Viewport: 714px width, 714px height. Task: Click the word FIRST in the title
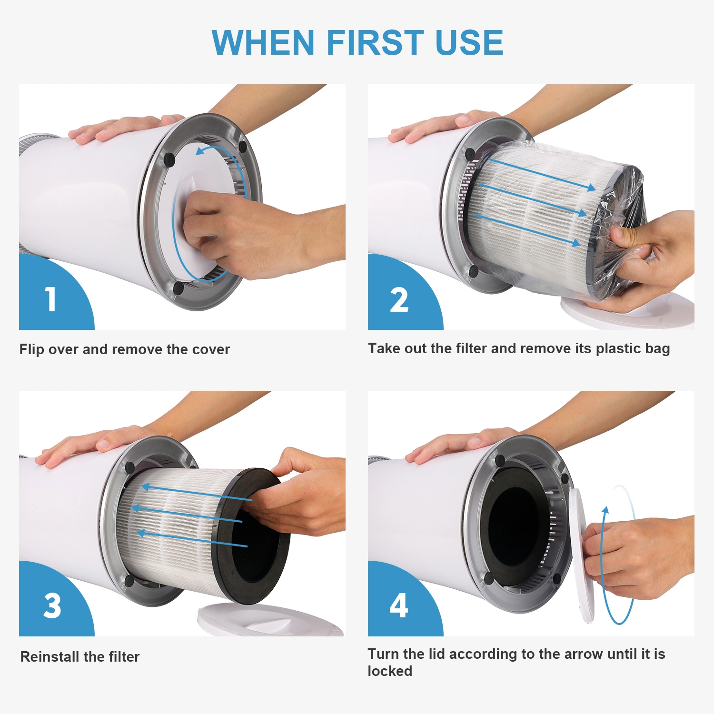tap(375, 42)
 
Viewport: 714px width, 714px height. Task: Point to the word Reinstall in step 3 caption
tap(50, 656)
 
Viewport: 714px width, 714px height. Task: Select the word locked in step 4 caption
tap(390, 671)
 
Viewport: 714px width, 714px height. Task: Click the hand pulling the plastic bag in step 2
tap(652, 257)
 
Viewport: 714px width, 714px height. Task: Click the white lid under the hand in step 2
tap(628, 312)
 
